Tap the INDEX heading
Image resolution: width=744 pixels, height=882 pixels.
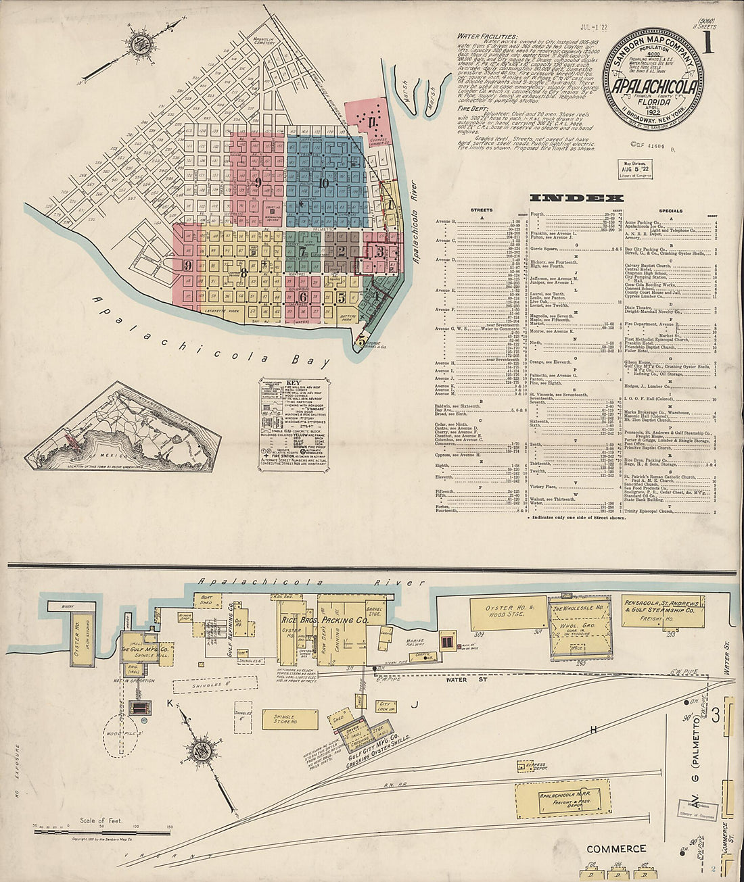click(x=576, y=198)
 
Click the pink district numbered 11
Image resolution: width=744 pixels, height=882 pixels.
click(x=372, y=122)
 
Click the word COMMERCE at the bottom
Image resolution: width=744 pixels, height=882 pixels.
click(x=616, y=849)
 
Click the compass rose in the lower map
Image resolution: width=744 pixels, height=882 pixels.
click(x=202, y=750)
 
